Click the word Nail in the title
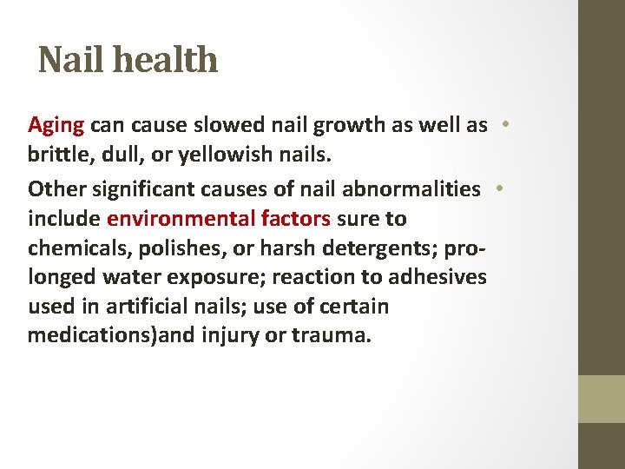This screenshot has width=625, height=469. (66, 60)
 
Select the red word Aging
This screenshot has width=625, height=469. (56, 126)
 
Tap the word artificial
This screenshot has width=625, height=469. (153, 307)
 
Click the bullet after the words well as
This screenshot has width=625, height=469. (503, 124)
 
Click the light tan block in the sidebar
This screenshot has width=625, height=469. (601, 399)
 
